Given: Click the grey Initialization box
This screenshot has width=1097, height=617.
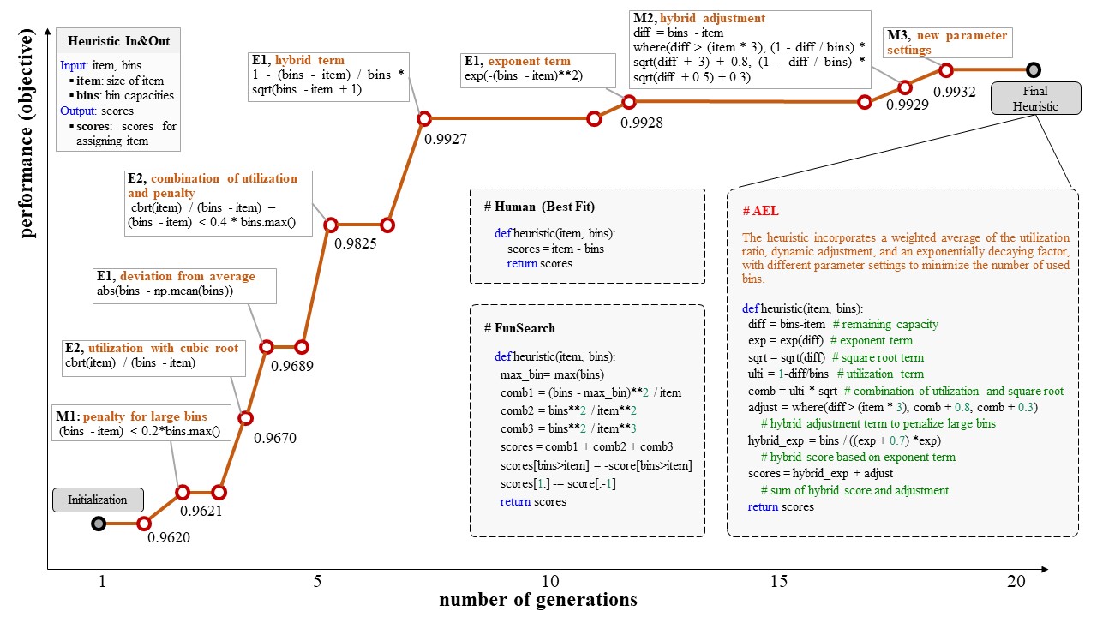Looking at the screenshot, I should tap(98, 500).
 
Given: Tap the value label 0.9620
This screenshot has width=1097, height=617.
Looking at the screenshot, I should tap(169, 538).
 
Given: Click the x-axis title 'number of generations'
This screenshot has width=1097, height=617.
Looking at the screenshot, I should tap(538, 600).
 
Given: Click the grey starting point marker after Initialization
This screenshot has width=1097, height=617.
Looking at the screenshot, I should tap(99, 524).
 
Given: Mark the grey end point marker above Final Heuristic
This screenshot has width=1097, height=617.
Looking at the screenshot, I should tap(1034, 69).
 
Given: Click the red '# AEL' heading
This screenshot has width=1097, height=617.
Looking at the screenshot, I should tap(761, 211).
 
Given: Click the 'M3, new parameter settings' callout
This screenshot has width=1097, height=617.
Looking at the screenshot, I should tap(945, 42).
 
